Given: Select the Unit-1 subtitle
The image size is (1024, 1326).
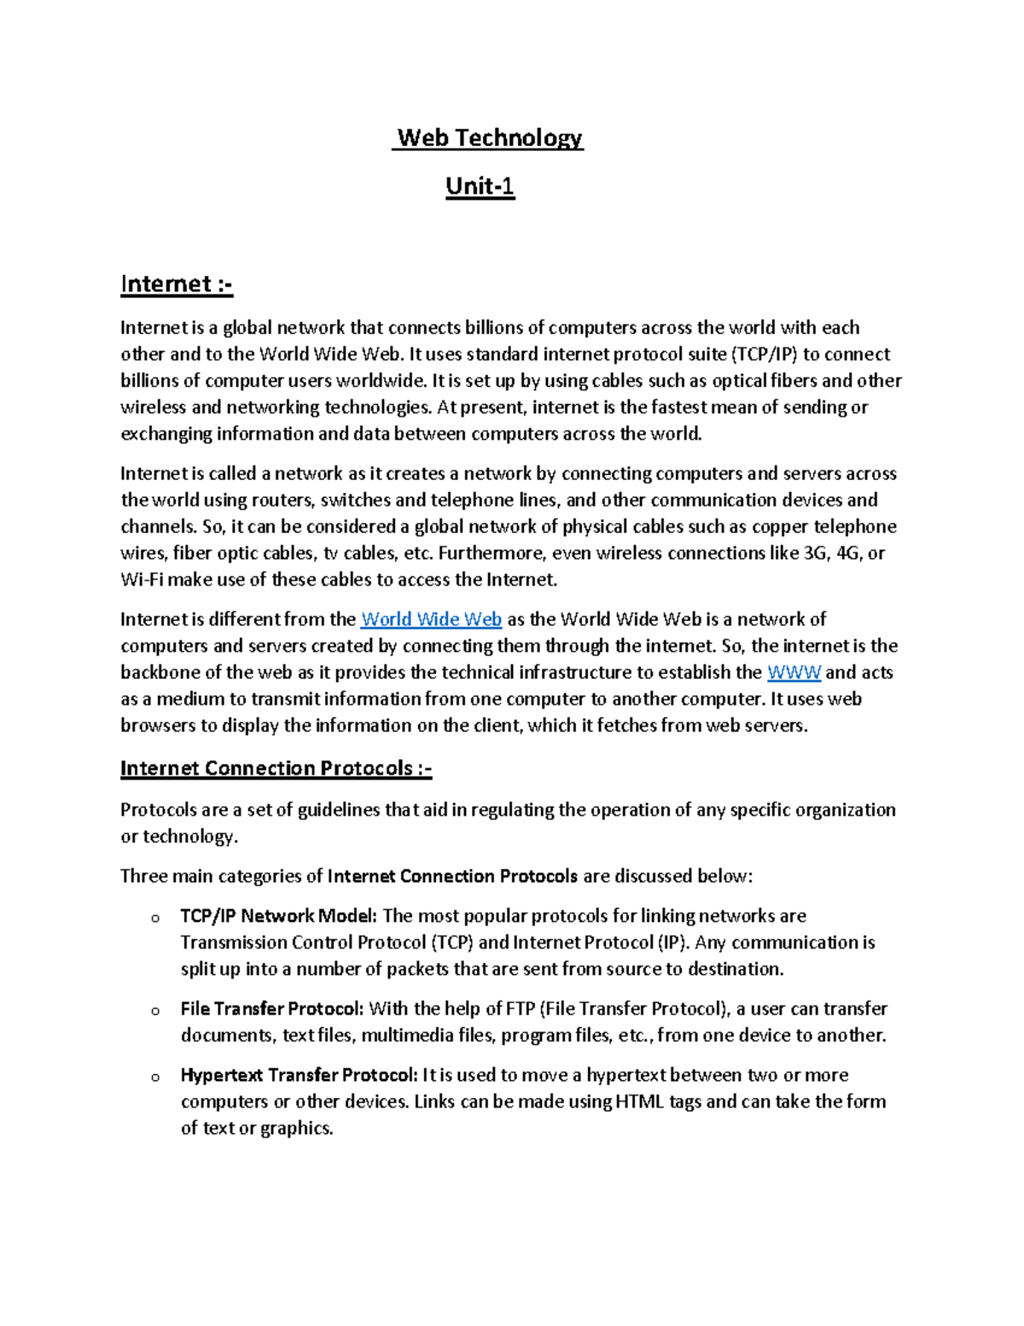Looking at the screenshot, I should pyautogui.click(x=480, y=186).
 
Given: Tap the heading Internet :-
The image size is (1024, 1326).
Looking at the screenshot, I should pyautogui.click(x=177, y=283).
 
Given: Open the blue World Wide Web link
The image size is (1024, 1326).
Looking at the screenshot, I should pyautogui.click(x=431, y=619).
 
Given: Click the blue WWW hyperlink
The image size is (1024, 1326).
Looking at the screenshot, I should pyautogui.click(x=794, y=672).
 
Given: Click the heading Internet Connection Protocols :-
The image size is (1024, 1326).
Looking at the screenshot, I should pyautogui.click(x=276, y=768).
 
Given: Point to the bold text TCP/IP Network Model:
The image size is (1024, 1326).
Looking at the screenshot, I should pyautogui.click(x=278, y=916).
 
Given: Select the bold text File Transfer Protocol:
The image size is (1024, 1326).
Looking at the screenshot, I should pyautogui.click(x=272, y=1008).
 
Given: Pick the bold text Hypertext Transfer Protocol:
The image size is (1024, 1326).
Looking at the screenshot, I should pyautogui.click(x=299, y=1075).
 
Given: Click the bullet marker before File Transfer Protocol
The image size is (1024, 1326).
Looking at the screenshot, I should pyautogui.click(x=155, y=1011).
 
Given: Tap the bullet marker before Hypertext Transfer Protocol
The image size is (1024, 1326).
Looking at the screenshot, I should pyautogui.click(x=155, y=1078).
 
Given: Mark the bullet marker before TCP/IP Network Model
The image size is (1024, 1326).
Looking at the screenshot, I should pyautogui.click(x=155, y=919).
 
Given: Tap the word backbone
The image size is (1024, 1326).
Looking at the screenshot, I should pyautogui.click(x=162, y=672).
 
